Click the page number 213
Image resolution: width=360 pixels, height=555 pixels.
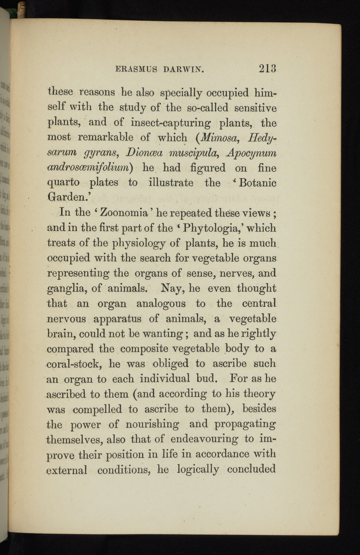point(267,68)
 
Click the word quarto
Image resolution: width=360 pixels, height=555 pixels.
point(63,183)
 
